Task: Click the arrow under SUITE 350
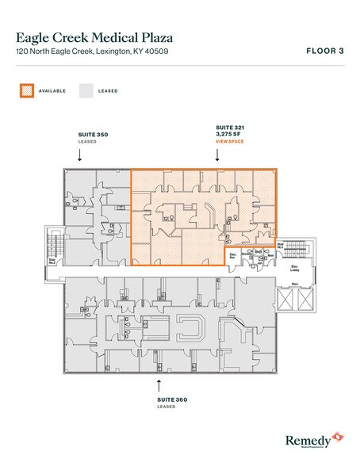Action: (79, 156)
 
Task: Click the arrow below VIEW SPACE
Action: (217, 155)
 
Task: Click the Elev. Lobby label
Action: (294, 269)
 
